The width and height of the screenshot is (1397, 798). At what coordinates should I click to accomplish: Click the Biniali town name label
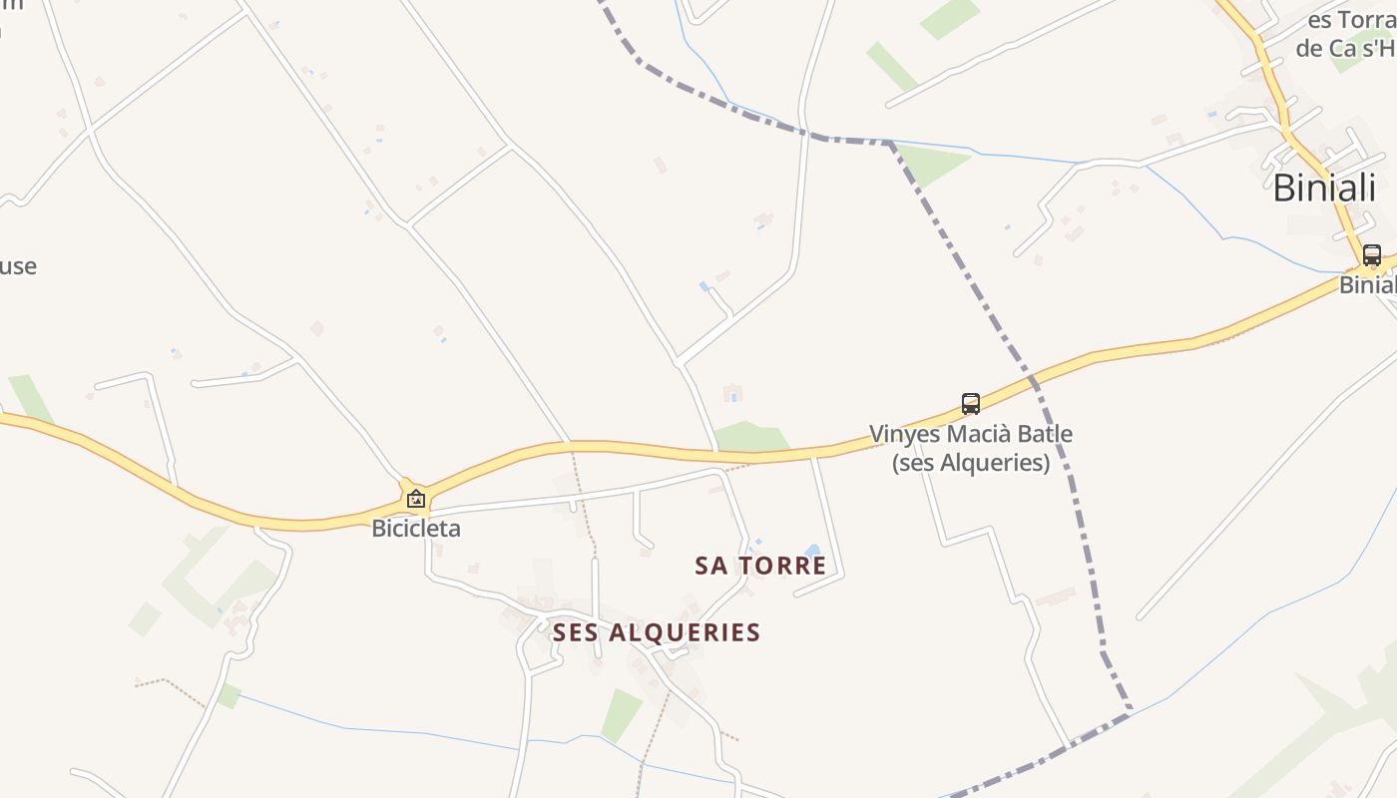tap(1324, 188)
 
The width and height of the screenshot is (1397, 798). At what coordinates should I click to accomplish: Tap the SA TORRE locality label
tap(760, 566)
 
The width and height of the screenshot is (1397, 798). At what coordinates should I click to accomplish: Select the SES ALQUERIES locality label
tap(657, 632)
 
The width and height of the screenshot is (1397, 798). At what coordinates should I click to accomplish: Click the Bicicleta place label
tap(416, 529)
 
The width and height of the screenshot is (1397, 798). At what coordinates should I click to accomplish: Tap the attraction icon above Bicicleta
tap(415, 499)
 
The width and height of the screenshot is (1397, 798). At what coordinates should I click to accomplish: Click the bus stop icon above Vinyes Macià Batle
tap(971, 404)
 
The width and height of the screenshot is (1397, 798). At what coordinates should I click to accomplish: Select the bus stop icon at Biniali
tap(1372, 255)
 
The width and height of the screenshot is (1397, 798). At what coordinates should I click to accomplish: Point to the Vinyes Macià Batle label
tap(971, 435)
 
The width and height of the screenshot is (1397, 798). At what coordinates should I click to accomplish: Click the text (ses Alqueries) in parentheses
tap(971, 463)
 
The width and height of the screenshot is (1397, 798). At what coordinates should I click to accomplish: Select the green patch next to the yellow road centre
tap(750, 436)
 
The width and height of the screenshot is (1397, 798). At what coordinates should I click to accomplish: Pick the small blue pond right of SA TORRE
tap(812, 552)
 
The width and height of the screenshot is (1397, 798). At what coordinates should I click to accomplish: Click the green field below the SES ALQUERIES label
tap(621, 714)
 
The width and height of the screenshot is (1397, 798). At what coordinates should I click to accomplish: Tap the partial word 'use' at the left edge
tap(18, 266)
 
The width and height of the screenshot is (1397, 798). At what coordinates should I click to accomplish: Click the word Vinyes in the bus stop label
tap(903, 435)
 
